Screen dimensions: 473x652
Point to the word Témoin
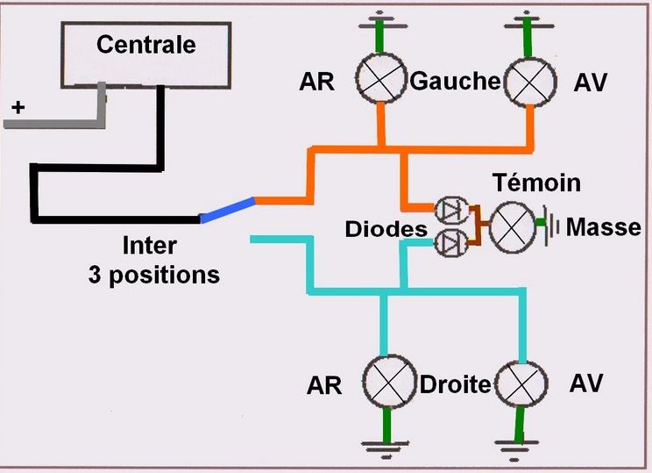click(x=537, y=183)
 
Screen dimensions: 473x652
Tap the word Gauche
click(x=454, y=82)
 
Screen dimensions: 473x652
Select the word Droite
click(x=454, y=385)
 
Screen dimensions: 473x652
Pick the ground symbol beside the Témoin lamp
click(x=549, y=226)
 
